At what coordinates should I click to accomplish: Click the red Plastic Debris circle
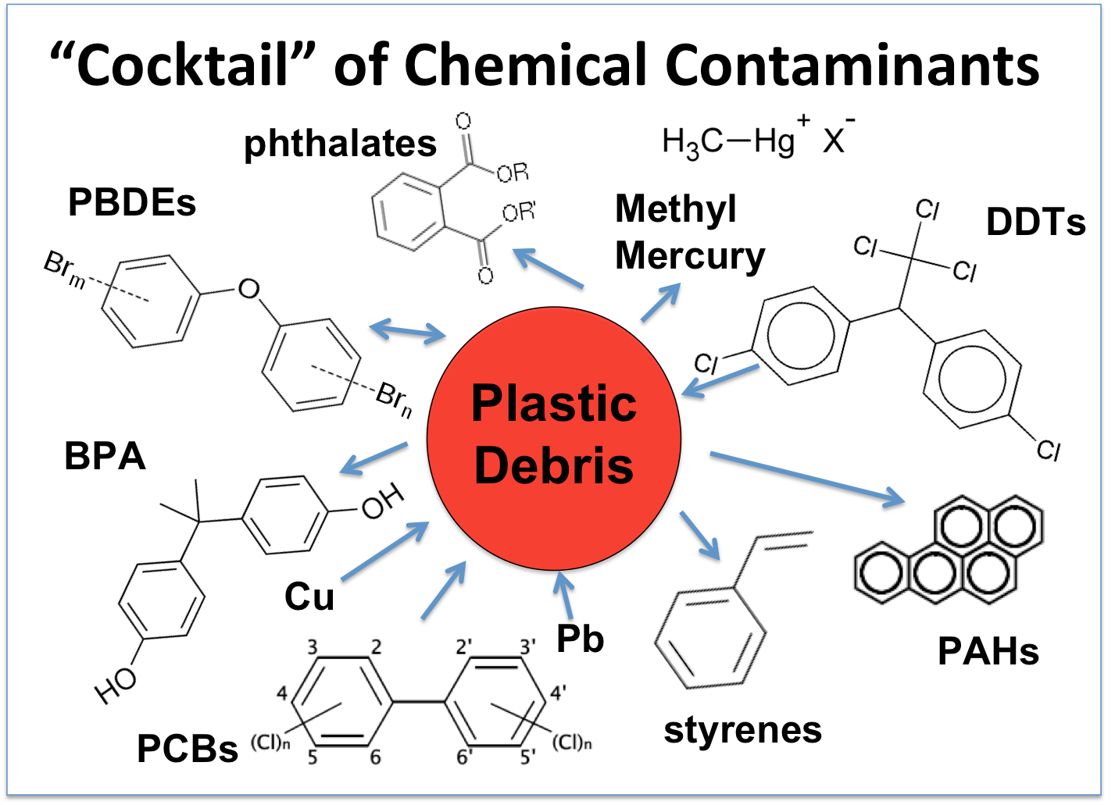(x=553, y=437)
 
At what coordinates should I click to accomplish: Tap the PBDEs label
(x=131, y=203)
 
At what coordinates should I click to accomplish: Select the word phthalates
(x=340, y=144)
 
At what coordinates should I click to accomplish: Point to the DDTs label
(x=1035, y=223)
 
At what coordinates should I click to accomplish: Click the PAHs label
(x=988, y=652)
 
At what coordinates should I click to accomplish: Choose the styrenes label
(x=742, y=731)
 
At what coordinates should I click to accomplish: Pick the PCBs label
(x=187, y=749)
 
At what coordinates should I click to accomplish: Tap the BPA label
(x=105, y=457)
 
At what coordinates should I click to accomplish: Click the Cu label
(x=309, y=597)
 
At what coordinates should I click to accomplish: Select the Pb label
(x=580, y=639)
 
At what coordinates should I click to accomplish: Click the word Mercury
(x=690, y=256)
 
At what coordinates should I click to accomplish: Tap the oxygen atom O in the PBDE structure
(x=248, y=290)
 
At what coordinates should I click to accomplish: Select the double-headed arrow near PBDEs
(x=407, y=331)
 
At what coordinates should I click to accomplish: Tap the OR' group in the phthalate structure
(x=519, y=212)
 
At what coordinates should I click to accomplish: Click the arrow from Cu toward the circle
(x=384, y=551)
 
